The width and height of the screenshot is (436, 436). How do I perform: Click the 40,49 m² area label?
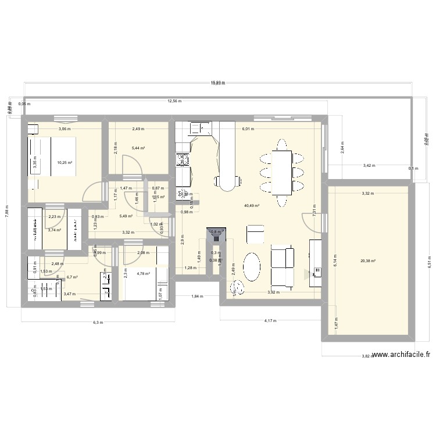[x=252, y=205]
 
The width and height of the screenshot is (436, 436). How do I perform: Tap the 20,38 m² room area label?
[x=367, y=261]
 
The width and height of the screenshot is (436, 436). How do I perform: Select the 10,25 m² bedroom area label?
[x=64, y=163]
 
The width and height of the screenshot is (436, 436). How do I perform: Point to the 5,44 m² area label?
[x=138, y=148]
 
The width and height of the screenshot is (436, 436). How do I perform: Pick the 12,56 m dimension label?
[x=174, y=101]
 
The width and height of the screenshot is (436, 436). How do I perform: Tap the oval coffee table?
[x=252, y=267]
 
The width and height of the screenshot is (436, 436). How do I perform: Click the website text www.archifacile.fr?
[x=401, y=355]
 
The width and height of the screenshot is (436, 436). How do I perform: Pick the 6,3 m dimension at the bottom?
[x=98, y=323]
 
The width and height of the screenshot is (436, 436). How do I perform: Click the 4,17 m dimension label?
[x=271, y=320]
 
